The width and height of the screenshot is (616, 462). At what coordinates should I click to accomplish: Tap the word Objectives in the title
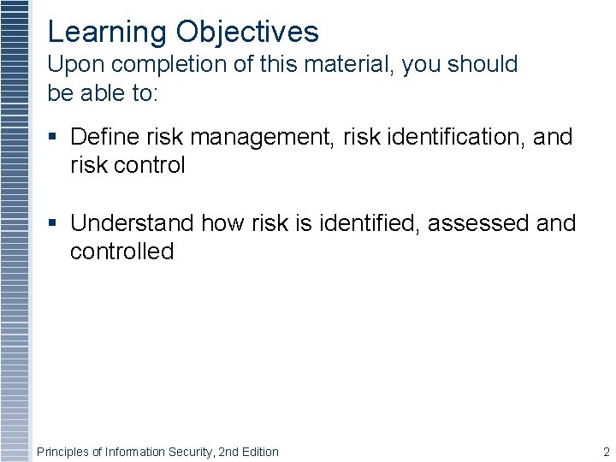(247, 33)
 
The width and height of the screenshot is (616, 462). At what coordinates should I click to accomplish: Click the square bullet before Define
(53, 137)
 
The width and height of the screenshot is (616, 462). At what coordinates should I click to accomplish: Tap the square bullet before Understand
(53, 223)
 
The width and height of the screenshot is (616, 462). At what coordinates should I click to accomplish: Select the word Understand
(133, 223)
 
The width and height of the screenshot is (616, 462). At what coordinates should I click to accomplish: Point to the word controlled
(121, 252)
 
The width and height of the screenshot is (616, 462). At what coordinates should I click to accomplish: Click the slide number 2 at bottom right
(606, 452)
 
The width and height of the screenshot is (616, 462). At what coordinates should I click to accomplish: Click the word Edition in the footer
(258, 452)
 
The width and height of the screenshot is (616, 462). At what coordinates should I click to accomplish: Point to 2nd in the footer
(227, 452)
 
